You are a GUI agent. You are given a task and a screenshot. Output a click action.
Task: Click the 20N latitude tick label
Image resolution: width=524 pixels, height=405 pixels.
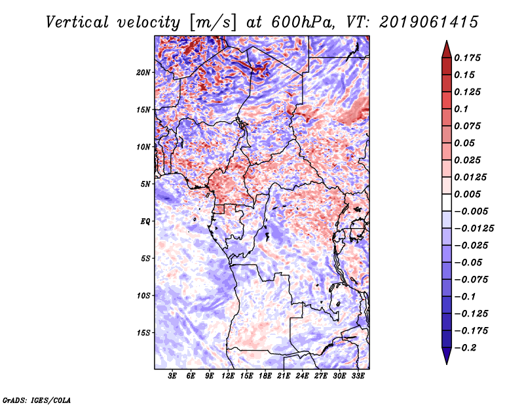coord(143,73)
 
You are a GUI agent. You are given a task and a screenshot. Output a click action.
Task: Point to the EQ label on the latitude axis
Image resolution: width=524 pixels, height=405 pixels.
coord(145,222)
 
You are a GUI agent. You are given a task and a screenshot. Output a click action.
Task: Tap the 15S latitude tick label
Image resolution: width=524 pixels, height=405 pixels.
coord(143,333)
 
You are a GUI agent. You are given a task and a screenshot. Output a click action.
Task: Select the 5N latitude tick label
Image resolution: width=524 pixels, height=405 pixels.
coord(145,184)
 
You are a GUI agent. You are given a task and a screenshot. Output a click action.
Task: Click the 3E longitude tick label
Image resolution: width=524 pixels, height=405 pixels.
coord(172,376)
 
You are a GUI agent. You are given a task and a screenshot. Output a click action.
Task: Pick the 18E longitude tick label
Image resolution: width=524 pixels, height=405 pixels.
coord(265,376)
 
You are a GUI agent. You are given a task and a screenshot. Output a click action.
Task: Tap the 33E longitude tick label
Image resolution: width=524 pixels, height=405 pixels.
coord(358,376)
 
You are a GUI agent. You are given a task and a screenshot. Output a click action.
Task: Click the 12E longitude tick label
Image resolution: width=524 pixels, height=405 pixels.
coord(228,376)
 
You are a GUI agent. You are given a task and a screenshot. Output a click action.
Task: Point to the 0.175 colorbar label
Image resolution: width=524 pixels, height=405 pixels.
coord(467,58)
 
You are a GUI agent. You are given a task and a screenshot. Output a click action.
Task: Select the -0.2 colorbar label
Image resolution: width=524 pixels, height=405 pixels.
coord(466,348)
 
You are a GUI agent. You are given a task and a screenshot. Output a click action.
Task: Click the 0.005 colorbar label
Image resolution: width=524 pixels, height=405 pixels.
coord(467,194)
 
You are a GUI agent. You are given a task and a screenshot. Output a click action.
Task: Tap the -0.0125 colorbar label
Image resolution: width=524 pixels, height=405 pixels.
coord(474,229)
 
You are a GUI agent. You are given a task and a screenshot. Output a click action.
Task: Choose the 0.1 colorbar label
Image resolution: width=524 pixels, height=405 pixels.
coord(461,109)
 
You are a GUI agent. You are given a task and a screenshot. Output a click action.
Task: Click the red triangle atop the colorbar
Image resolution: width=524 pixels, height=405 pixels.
coord(447,50)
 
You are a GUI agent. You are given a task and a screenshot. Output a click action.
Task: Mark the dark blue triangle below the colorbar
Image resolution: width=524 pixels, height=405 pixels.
coord(447,356)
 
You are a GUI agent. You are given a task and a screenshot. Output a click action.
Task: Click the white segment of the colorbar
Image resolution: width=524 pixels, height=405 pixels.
coord(447,202)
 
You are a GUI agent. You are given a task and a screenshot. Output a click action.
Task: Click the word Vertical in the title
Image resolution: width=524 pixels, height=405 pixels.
coord(77,22)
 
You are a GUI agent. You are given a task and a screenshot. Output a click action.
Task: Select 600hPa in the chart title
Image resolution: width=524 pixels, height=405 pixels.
coord(303,22)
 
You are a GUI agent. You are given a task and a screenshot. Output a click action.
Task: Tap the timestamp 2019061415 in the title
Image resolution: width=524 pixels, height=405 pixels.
coord(429,22)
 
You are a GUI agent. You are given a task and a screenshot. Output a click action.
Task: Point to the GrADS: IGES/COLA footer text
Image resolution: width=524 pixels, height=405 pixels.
coord(37,400)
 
